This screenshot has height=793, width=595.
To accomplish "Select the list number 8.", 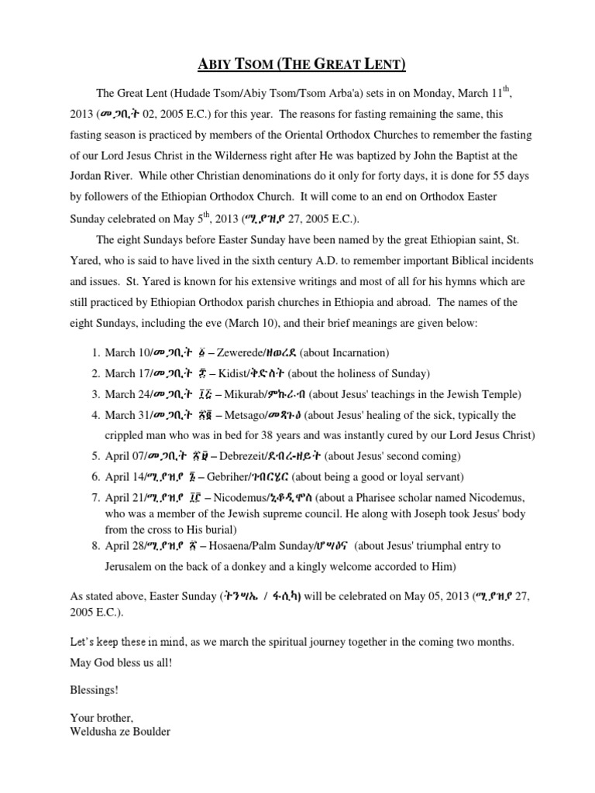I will click(x=95, y=546).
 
